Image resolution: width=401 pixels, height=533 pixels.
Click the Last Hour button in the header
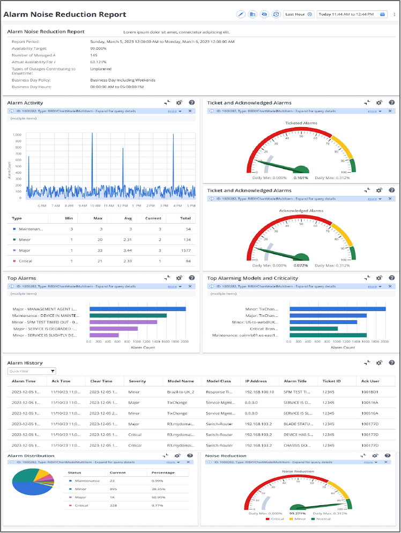click(x=299, y=14)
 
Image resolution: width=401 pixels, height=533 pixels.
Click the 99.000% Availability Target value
click(x=98, y=48)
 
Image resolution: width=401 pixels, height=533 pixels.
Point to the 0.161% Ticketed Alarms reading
click(x=301, y=177)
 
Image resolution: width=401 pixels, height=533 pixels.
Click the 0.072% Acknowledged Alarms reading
click(x=301, y=265)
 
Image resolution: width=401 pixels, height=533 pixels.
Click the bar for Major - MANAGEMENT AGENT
click(x=137, y=309)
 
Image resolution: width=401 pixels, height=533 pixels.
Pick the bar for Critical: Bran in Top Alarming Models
click(x=314, y=328)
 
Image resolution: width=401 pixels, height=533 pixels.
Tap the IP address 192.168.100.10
click(x=260, y=393)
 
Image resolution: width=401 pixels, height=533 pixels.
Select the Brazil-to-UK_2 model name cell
click(x=181, y=393)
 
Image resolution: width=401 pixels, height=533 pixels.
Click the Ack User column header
click(x=369, y=381)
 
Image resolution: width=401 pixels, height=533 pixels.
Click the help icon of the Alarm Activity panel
click(x=191, y=102)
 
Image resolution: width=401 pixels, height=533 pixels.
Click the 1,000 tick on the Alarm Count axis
click(x=17, y=135)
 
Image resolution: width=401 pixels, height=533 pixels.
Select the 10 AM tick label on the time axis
click(x=95, y=205)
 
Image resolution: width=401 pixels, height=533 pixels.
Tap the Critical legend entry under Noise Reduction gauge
click(x=276, y=519)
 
